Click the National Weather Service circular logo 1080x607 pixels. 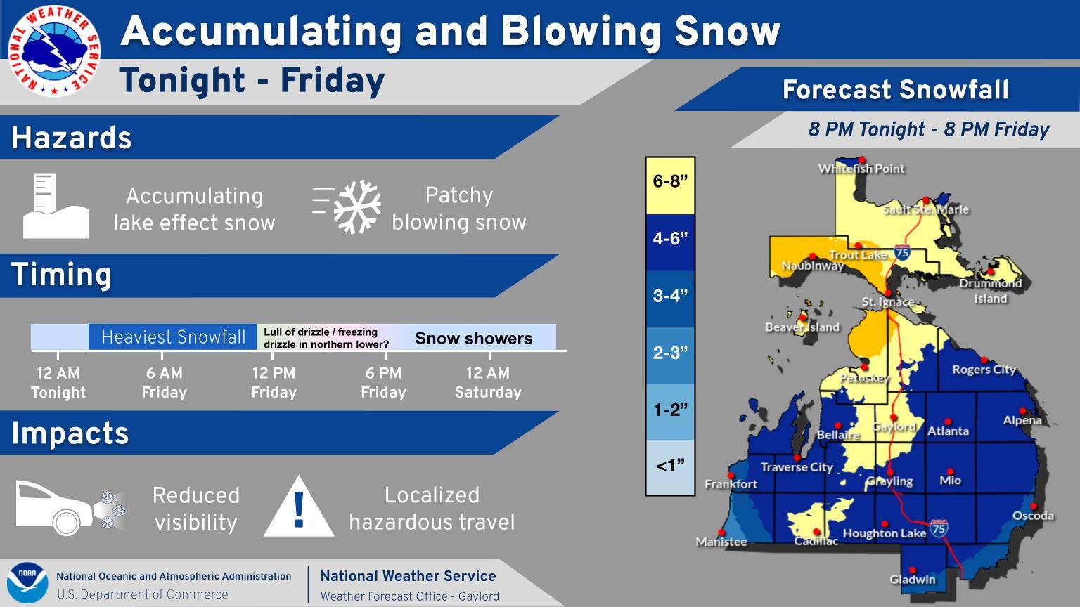pyautogui.click(x=54, y=51)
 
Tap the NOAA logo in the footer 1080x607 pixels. pyautogui.click(x=27, y=582)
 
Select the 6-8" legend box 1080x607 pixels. pyautogui.click(x=670, y=185)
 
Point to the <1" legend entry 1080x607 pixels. pyautogui.click(x=670, y=466)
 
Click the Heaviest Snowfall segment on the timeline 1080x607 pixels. pyautogui.click(x=172, y=337)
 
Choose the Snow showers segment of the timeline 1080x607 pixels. pyautogui.click(x=474, y=338)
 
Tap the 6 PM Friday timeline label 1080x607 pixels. pyautogui.click(x=384, y=382)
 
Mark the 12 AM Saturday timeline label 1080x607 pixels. pyautogui.click(x=488, y=382)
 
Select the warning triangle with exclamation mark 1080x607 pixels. pyautogui.click(x=299, y=507)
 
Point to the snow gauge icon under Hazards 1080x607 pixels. pyautogui.click(x=56, y=206)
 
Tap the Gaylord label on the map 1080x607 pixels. pyautogui.click(x=894, y=427)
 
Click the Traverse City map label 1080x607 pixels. pyautogui.click(x=797, y=466)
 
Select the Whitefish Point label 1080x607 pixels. pyautogui.click(x=861, y=169)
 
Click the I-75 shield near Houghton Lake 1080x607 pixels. pyautogui.click(x=938, y=528)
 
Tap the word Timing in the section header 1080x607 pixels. pyautogui.click(x=61, y=275)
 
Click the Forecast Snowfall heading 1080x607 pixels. pyautogui.click(x=895, y=90)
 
